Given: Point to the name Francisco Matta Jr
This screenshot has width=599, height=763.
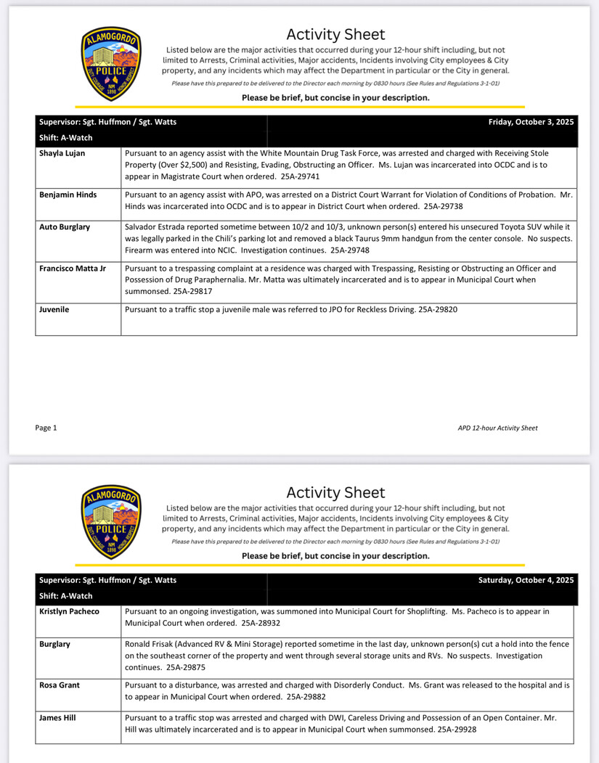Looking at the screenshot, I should click(x=72, y=269).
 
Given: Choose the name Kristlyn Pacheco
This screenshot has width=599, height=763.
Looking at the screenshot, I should click(x=69, y=611).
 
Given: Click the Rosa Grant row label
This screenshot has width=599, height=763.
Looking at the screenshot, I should click(x=60, y=685).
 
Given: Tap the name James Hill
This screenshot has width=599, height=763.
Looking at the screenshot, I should click(x=58, y=717).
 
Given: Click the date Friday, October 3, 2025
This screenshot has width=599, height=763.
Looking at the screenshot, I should click(x=531, y=122).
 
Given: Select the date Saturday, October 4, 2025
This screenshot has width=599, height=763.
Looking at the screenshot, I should click(x=526, y=580).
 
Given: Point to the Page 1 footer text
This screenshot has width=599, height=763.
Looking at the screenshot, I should click(x=46, y=428).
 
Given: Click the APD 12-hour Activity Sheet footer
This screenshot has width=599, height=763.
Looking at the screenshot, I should click(x=497, y=428).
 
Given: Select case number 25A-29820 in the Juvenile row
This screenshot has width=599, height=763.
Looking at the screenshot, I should click(x=438, y=309).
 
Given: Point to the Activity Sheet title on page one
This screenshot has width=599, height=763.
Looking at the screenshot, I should click(x=335, y=34).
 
